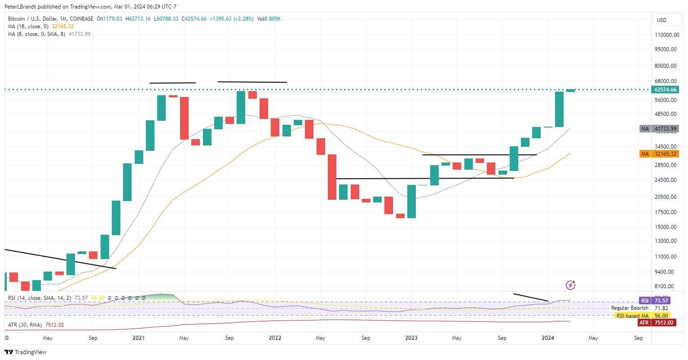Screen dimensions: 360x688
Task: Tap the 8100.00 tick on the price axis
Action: pos(666,286)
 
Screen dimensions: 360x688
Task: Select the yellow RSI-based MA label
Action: pos(632,316)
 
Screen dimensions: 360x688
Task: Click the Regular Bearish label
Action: pos(630,308)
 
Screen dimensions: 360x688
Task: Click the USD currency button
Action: pos(662,20)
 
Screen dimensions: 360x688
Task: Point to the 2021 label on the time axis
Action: pos(138,338)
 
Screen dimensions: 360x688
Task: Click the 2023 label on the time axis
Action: pos(411,338)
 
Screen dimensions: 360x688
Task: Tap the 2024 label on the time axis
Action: pos(548,338)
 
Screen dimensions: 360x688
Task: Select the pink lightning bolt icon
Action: pos(570,285)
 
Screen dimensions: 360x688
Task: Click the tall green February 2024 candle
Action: pos(559,109)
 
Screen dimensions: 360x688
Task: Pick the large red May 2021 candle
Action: pos(184,118)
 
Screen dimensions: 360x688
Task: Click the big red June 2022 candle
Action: pos(332,177)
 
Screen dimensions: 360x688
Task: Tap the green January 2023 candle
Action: pos(411,201)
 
